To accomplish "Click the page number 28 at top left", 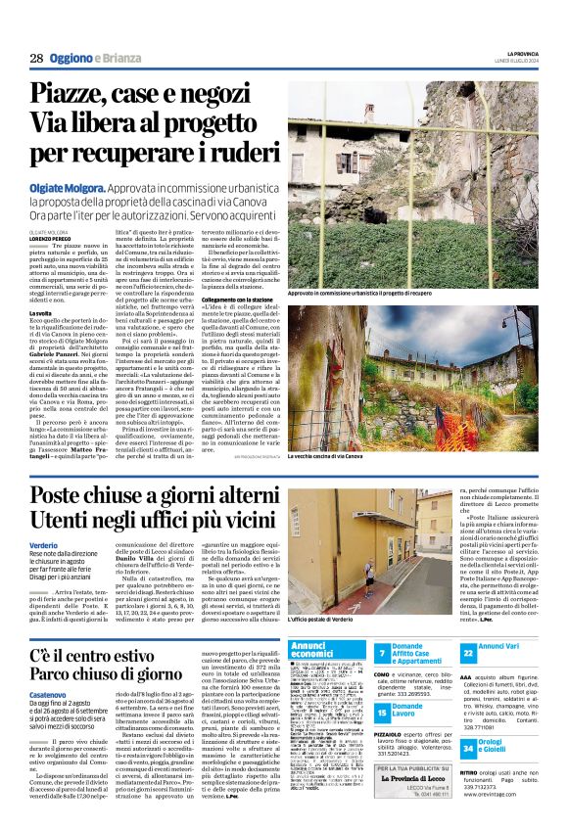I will click(x=35, y=58).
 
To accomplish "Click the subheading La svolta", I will click(x=41, y=312).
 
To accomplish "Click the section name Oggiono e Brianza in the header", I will click(x=97, y=58).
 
